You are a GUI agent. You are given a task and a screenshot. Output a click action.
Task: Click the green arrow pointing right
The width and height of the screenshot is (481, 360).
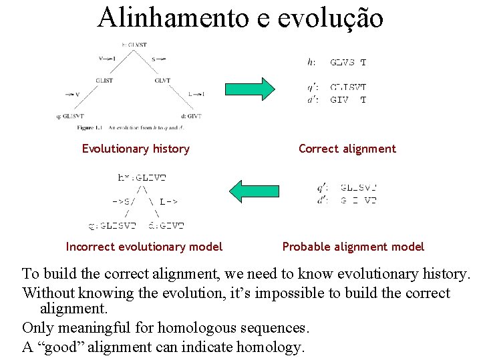click(250, 89)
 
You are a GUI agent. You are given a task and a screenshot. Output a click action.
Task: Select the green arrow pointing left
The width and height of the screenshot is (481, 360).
click(253, 190)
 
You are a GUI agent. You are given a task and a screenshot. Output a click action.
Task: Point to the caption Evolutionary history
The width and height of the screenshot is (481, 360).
click(136, 149)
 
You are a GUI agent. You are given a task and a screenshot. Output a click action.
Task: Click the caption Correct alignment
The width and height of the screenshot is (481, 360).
click(347, 149)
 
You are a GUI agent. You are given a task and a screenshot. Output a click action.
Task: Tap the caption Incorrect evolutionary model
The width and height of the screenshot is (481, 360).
click(144, 247)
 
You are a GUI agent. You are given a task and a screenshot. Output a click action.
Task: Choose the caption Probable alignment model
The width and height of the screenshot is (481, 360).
click(353, 247)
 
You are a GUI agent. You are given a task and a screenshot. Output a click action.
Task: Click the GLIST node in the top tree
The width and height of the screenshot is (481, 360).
click(105, 81)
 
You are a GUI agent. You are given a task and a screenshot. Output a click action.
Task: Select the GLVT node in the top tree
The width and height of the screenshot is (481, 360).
click(162, 81)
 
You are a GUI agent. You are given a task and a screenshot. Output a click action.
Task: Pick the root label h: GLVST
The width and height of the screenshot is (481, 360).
click(134, 45)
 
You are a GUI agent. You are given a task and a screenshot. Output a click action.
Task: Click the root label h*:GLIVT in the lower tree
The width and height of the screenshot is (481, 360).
click(142, 177)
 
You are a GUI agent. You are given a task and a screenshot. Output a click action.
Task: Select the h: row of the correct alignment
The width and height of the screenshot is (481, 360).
click(337, 63)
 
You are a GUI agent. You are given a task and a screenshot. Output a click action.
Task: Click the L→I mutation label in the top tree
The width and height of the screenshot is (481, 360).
click(195, 95)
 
